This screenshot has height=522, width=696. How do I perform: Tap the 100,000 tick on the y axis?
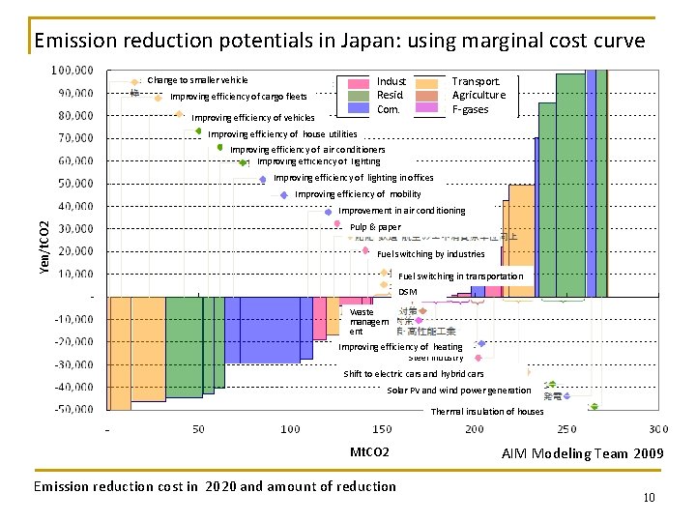point(72,71)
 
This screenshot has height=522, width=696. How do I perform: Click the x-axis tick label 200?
point(474,429)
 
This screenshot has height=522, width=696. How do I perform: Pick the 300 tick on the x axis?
point(657,429)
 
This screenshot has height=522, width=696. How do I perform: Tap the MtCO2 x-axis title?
point(369,452)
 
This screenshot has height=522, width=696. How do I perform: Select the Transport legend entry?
point(476,82)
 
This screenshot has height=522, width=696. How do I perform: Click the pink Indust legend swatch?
point(359,83)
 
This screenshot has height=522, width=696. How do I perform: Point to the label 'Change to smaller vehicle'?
point(197,80)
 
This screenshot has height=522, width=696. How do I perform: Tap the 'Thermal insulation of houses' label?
point(487,412)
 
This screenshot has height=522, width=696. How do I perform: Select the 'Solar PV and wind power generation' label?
point(458,391)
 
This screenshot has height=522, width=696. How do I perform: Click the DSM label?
point(407,292)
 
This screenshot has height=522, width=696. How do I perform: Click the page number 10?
point(649,498)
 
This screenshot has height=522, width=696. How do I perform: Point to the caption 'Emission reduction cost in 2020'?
point(215,486)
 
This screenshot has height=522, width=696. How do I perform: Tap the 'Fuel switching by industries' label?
point(430,254)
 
